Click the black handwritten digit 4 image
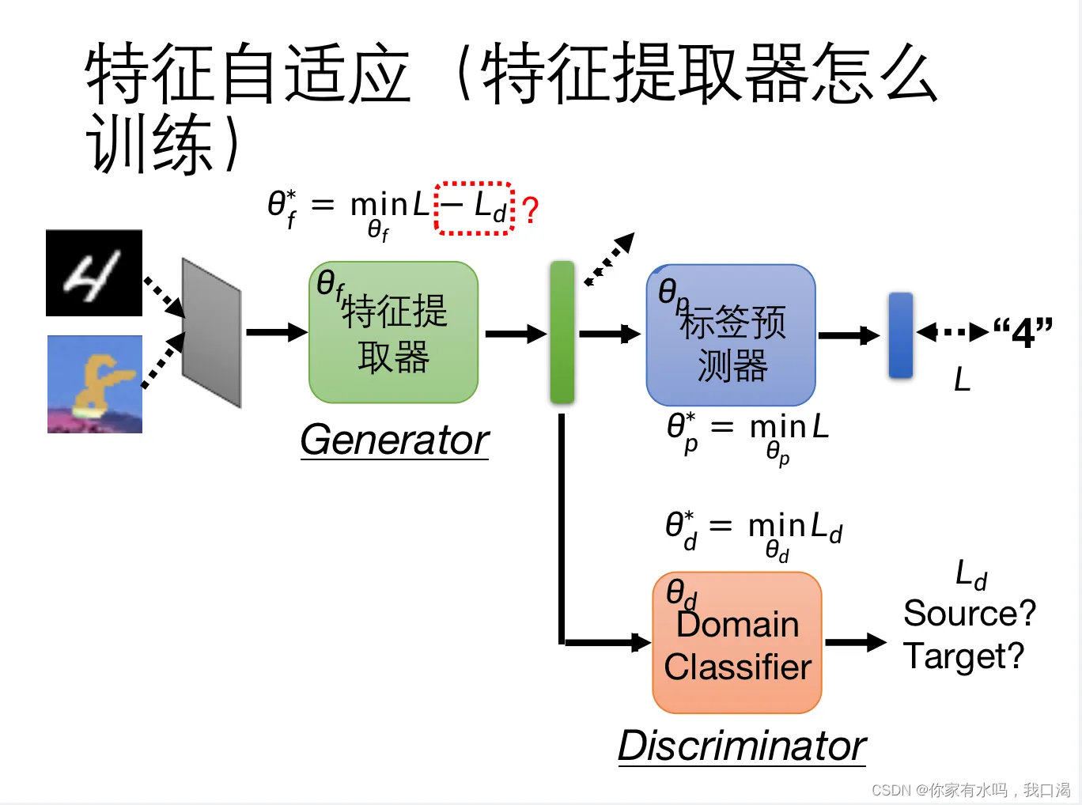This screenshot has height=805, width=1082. click(94, 274)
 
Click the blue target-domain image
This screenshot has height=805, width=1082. click(95, 384)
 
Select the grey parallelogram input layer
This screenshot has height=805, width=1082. click(211, 332)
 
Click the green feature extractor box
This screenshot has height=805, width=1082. click(393, 333)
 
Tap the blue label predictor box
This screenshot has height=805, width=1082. click(731, 335)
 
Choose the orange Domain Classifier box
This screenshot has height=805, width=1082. click(737, 643)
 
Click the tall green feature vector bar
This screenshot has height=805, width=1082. click(562, 332)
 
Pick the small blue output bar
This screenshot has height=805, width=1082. click(900, 335)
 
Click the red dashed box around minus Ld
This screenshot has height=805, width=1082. click(475, 208)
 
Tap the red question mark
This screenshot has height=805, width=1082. click(531, 210)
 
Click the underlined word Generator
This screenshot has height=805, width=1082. click(394, 440)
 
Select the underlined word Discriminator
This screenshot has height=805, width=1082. click(741, 746)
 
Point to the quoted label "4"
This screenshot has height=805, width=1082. click(1023, 332)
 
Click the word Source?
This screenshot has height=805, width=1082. click(969, 613)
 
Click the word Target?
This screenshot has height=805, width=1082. click(963, 656)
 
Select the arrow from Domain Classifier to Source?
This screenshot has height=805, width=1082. click(855, 642)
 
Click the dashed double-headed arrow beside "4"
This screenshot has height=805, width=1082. click(952, 332)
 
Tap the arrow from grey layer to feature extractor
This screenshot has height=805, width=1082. click(275, 332)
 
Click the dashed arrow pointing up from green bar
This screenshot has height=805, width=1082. click(609, 259)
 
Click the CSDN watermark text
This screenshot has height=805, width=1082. click(970, 790)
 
